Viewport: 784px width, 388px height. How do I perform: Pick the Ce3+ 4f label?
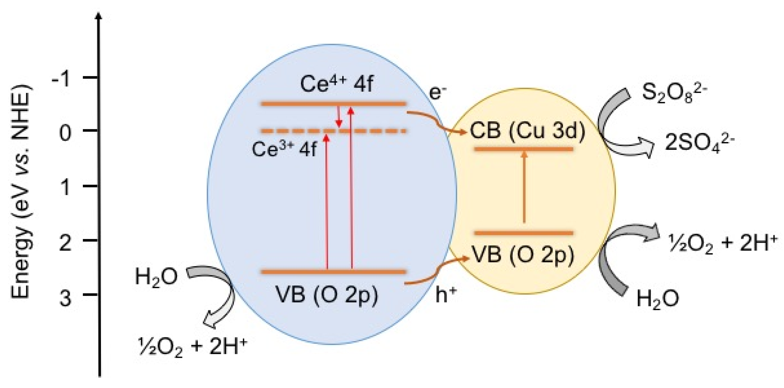(284, 149)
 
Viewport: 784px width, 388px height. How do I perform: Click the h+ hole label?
(446, 296)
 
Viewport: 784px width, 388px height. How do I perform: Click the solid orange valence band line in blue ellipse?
(334, 272)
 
